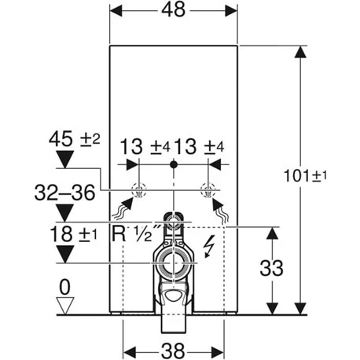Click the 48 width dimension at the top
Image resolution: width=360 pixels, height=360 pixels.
(x=173, y=10)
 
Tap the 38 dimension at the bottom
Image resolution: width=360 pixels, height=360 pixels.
(x=173, y=351)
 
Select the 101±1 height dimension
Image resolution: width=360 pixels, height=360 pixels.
(x=306, y=175)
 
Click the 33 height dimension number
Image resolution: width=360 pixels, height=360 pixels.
(x=271, y=268)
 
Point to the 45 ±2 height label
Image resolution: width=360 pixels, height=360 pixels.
(x=75, y=139)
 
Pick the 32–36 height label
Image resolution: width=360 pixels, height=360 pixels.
(x=64, y=193)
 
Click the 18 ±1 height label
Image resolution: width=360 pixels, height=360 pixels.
(x=73, y=234)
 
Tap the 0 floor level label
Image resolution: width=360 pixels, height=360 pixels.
(x=64, y=287)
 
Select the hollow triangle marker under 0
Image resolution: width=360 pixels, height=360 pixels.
(x=65, y=305)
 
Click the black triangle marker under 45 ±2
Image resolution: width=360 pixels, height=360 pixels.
(x=65, y=160)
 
